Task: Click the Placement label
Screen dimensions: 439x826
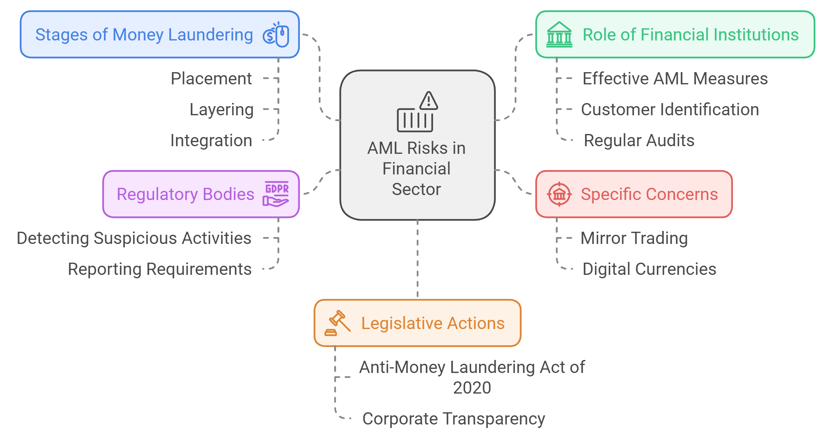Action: [x=211, y=79]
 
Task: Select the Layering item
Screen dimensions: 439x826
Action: [x=221, y=110]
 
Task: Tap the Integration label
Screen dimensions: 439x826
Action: [x=211, y=140]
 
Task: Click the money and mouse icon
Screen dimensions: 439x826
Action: [x=276, y=35]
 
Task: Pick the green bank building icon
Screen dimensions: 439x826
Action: [x=559, y=35]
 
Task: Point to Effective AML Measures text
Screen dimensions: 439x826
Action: [x=675, y=79]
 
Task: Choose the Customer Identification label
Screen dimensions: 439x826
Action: [x=670, y=110]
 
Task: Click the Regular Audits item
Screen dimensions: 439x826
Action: [x=639, y=140]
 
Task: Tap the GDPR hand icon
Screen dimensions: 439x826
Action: [x=276, y=194]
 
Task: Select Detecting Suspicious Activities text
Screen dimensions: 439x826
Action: [x=134, y=238]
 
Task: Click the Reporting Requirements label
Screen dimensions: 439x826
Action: [x=160, y=269]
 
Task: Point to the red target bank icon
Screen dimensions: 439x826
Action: [x=559, y=194]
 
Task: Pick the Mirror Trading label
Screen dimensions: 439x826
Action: [x=634, y=238]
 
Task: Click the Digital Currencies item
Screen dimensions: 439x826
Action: [x=649, y=269]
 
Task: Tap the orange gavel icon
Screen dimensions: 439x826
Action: [x=337, y=323]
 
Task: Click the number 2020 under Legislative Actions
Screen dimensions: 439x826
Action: [x=472, y=388]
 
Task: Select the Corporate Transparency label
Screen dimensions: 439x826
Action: [x=453, y=419]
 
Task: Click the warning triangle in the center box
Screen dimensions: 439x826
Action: [x=428, y=101]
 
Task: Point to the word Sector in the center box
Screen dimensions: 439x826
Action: [x=416, y=189]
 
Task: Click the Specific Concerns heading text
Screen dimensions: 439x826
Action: [x=649, y=194]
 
